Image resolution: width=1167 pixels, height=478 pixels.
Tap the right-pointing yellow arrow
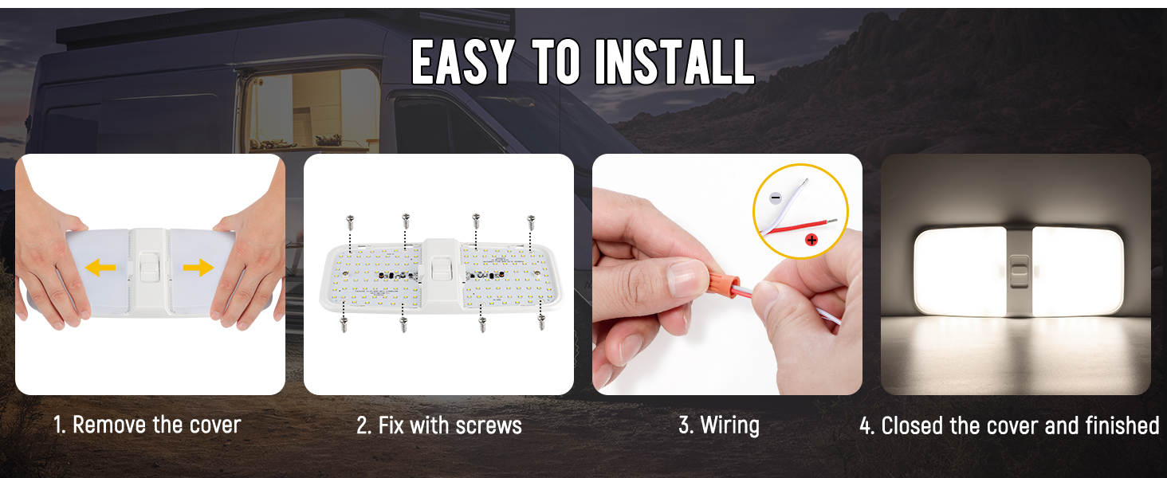[x=198, y=267]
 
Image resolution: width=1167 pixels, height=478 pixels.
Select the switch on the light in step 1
[x=150, y=268]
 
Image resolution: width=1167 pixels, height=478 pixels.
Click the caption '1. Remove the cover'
[x=147, y=425]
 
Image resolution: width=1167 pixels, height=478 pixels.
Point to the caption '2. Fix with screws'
[x=438, y=425]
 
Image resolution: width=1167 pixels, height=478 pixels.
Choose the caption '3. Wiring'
[x=718, y=425]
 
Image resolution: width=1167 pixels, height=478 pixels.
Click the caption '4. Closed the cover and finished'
[x=1008, y=425]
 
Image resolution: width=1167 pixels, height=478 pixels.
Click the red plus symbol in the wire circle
[x=811, y=238]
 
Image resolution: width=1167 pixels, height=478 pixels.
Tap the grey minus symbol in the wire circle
[x=776, y=197]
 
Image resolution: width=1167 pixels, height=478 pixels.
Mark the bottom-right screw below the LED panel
[x=542, y=322]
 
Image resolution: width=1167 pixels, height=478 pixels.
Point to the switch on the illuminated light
[x=1020, y=272]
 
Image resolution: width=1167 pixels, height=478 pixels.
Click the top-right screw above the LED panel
[x=531, y=222]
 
